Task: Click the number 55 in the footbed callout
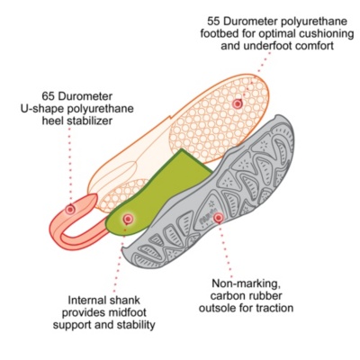point(214,22)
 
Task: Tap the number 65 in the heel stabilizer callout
point(49,96)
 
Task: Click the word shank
point(125,301)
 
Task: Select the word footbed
point(218,33)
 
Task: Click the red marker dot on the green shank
point(128,219)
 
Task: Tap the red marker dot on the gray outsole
point(218,218)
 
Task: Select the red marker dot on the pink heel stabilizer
point(70,209)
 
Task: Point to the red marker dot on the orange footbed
point(238,103)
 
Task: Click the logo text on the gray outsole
point(205,219)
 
